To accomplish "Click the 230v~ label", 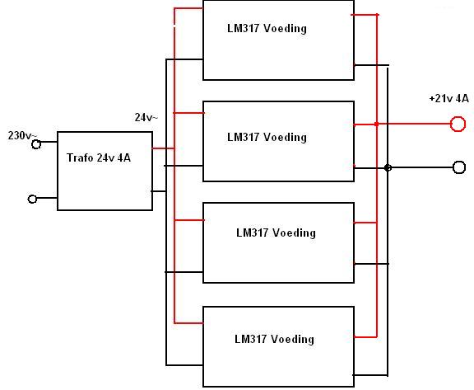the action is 21,136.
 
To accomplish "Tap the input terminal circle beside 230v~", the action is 36,144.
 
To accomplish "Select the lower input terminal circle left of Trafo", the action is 32,199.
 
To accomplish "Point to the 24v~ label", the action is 146,117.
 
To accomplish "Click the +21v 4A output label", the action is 449,98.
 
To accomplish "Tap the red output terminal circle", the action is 458,124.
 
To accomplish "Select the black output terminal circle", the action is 459,167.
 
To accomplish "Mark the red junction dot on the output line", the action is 376,125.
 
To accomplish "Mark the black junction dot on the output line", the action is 388,167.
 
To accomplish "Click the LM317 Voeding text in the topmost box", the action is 267,29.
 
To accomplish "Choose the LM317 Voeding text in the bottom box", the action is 275,339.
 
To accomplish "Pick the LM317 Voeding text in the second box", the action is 267,137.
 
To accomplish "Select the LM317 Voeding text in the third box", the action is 276,233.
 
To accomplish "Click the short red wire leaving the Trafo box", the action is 163,148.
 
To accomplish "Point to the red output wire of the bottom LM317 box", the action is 365,336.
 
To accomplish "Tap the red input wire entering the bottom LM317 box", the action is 189,323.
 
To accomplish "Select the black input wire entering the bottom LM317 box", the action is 184,365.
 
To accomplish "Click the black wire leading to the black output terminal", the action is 421,167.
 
